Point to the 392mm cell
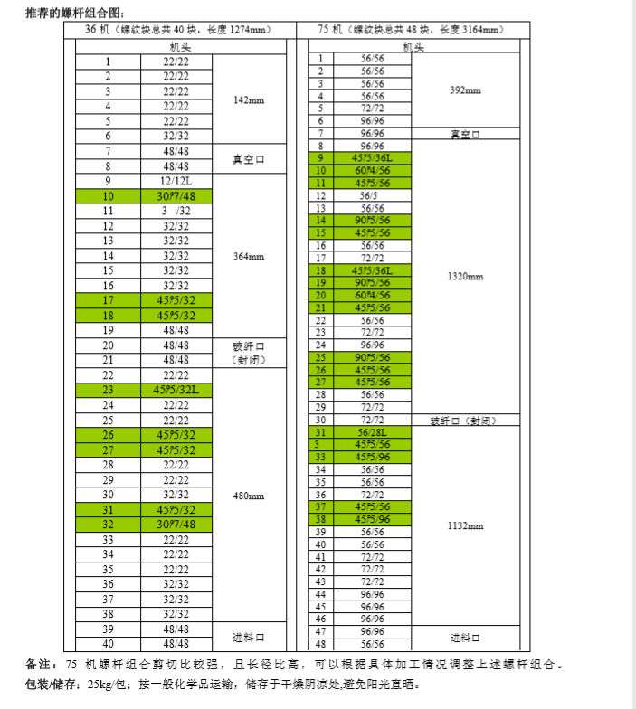465,90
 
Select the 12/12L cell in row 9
176,181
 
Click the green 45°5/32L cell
176,390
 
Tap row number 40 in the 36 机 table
108,644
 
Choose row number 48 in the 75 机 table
320,644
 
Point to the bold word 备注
43,665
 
